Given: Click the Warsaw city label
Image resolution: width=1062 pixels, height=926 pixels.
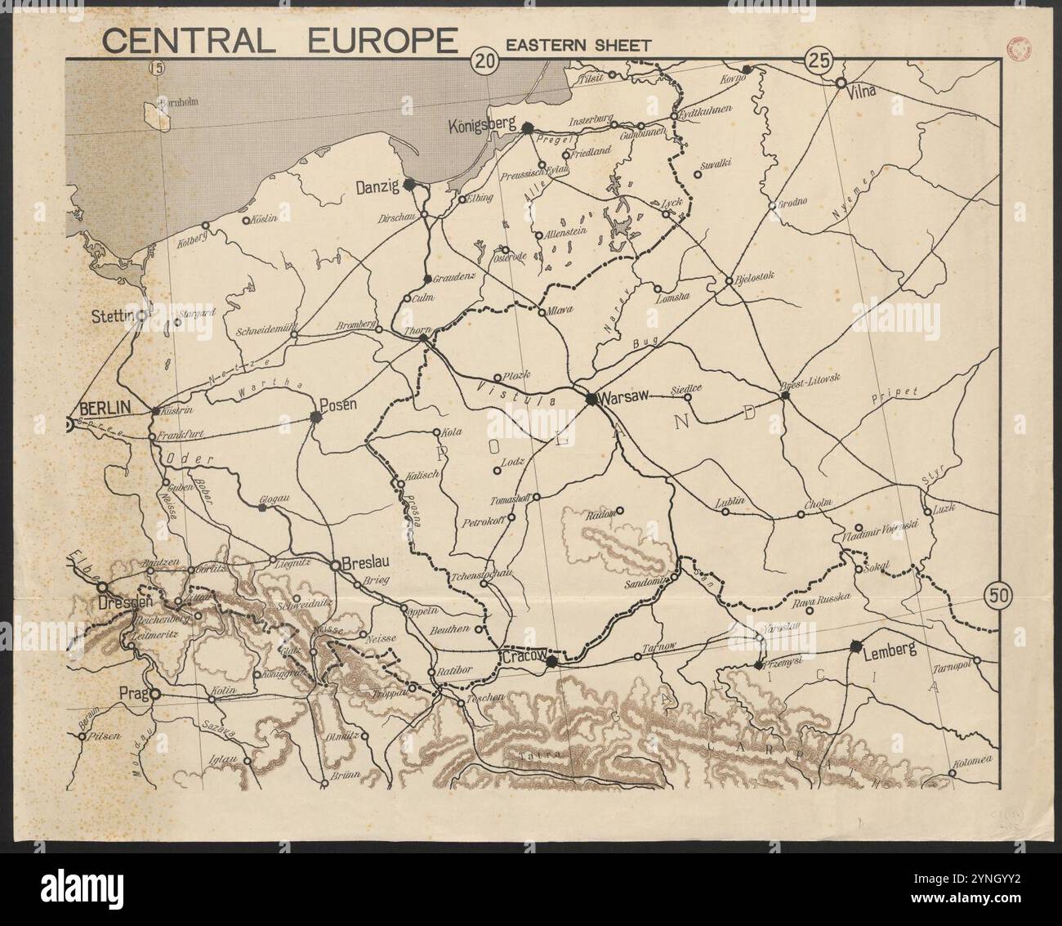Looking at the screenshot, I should point(624,397).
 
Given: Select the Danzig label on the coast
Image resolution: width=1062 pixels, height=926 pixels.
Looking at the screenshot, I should point(377,187).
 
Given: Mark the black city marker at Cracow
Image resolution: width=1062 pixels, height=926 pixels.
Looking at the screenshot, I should point(551,660).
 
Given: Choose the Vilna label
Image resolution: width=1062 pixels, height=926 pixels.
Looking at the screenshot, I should point(863,91).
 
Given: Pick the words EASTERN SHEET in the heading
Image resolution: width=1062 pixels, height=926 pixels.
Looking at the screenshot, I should point(578,45).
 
